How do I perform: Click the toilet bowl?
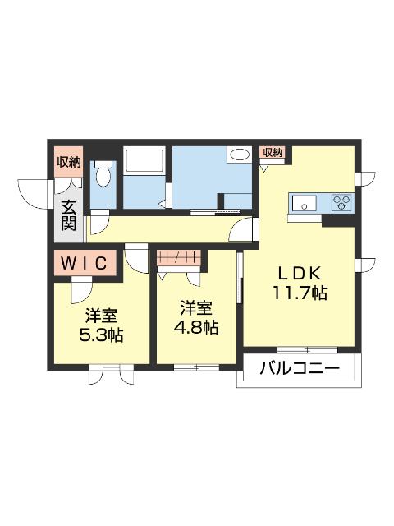[103, 174]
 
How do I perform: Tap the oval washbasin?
[240, 155]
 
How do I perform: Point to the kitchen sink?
[302, 203]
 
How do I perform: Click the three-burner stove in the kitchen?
[341, 201]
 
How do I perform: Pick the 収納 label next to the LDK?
[273, 152]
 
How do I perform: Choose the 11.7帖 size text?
[300, 293]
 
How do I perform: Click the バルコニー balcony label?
[300, 369]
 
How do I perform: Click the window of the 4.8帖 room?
[196, 366]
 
